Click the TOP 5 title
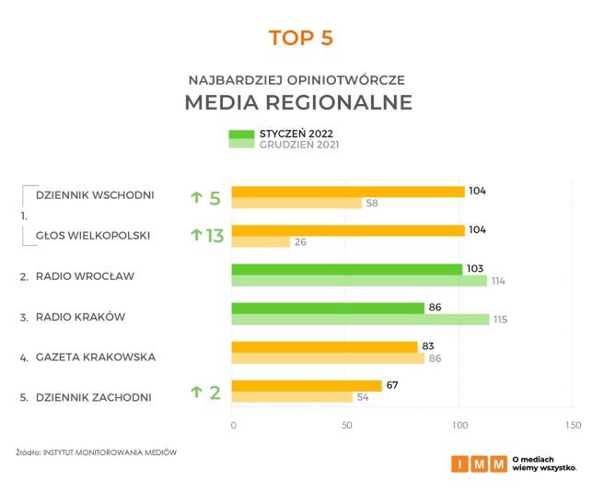[x=300, y=38]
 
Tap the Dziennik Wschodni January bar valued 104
[x=347, y=192]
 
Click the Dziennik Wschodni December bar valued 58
[x=296, y=203]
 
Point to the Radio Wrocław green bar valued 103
[x=346, y=269]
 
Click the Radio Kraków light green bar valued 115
[x=360, y=319]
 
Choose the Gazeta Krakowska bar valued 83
[x=324, y=346]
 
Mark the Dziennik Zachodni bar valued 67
[x=306, y=385]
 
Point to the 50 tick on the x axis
[x=346, y=425]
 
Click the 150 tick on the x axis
[x=573, y=425]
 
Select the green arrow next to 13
[x=195, y=236]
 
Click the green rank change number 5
[x=215, y=198]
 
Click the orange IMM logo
[x=479, y=463]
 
